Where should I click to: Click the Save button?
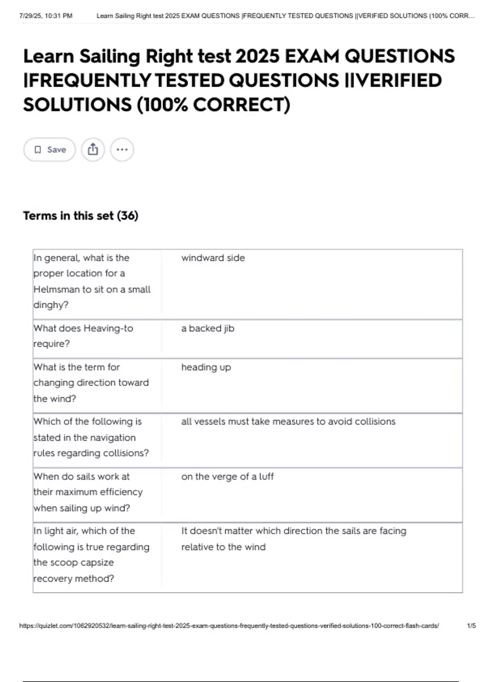tap(49, 150)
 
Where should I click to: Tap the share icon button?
tap(93, 150)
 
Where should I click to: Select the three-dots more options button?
tap(122, 150)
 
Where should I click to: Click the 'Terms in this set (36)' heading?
tap(81, 216)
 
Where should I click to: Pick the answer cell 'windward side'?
tap(213, 258)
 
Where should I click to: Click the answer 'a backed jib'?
tap(208, 329)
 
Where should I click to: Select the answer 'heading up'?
tap(206, 367)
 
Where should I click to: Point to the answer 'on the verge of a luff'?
tap(227, 477)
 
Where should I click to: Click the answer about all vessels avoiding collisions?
tap(288, 422)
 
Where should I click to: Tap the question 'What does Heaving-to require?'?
tap(83, 336)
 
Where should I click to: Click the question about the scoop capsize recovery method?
tap(91, 554)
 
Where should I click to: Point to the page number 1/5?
tap(471, 626)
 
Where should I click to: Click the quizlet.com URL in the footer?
tap(229, 626)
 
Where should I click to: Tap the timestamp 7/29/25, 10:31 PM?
tap(46, 16)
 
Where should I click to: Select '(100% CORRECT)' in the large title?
tap(213, 105)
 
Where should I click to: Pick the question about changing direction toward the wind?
tap(91, 383)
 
